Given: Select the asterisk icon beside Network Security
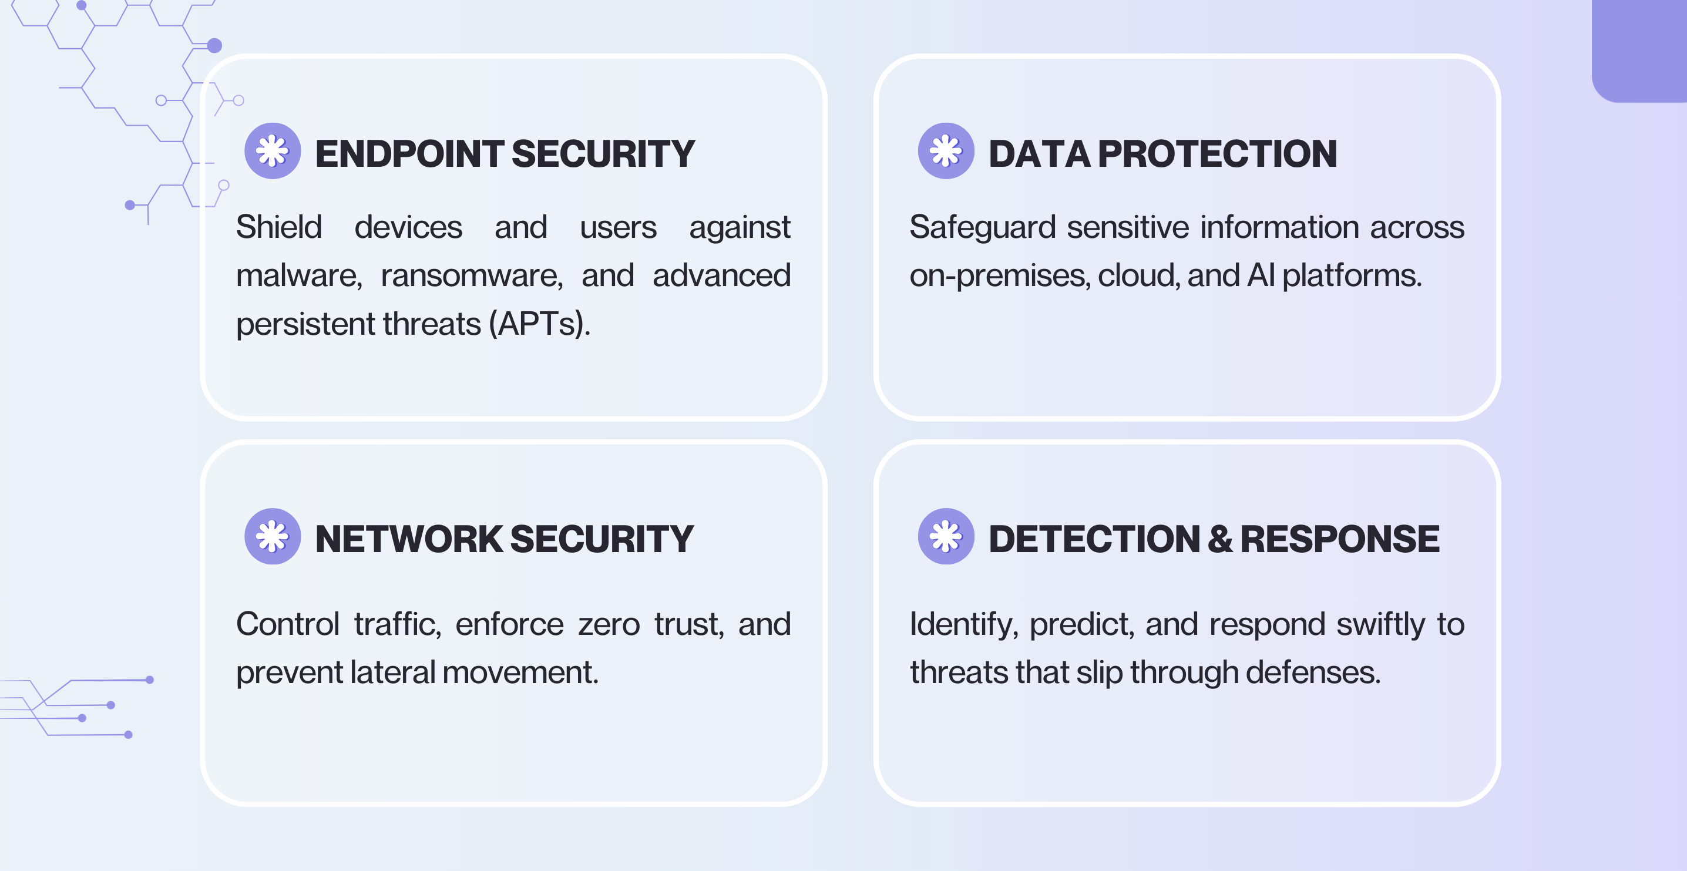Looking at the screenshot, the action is click(x=273, y=536).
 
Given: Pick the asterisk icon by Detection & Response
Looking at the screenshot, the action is click(x=946, y=536).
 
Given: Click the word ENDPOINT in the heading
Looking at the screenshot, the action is click(x=409, y=154).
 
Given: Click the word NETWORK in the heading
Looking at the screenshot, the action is click(x=409, y=539).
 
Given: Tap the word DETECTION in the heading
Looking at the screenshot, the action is click(x=1094, y=539).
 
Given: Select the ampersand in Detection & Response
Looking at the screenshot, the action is click(x=1219, y=539).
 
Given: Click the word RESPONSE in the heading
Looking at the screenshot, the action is click(x=1339, y=539).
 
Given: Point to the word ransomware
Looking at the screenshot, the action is click(x=472, y=275).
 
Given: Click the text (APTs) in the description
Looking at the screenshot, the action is click(x=540, y=324).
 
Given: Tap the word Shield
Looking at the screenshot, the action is click(x=279, y=227).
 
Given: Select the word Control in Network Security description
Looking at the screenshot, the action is click(x=287, y=624).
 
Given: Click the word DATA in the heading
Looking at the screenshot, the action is click(x=1039, y=154).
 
